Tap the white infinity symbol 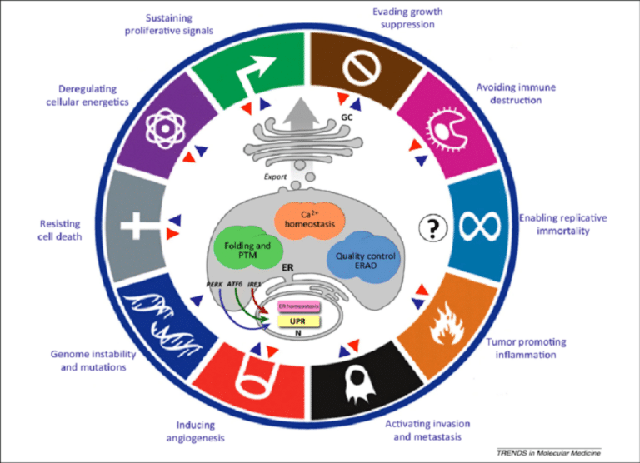(x=481, y=228)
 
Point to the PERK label (x=215, y=284)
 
